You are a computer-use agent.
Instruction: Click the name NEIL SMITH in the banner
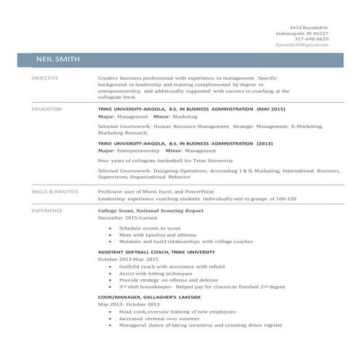pyautogui.click(x=57, y=59)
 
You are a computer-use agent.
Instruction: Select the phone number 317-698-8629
pyautogui.click(x=311, y=39)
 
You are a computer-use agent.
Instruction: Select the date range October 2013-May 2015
pyautogui.click(x=127, y=259)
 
